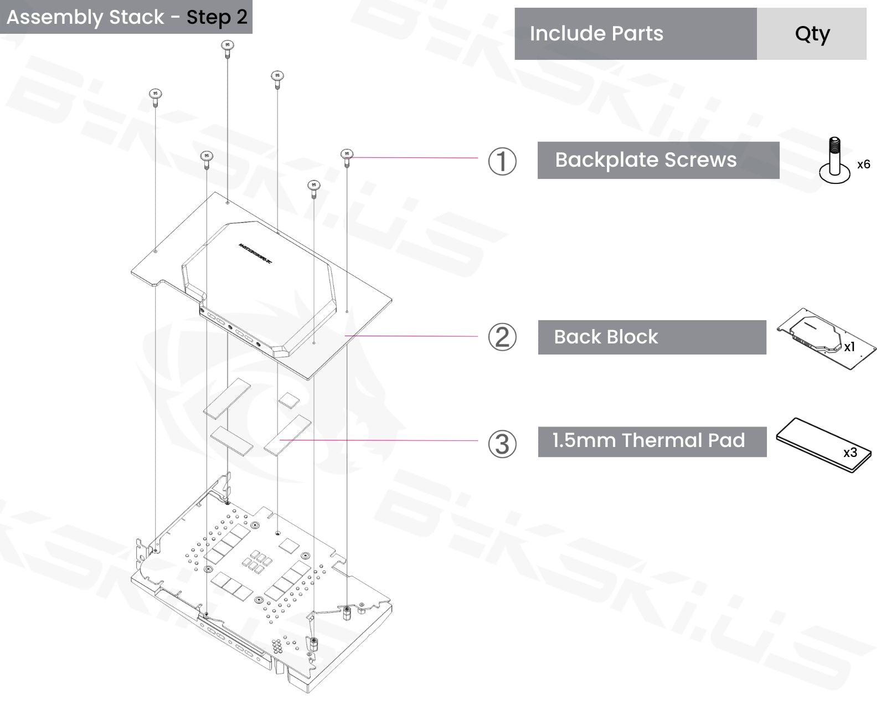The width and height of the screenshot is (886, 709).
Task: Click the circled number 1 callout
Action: coord(502,161)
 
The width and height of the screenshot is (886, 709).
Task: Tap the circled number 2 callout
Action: coord(502,337)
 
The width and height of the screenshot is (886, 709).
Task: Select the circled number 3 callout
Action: coord(502,444)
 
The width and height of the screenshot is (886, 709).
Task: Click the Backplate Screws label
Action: coord(646,160)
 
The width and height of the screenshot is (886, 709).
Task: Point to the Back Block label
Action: coord(606,337)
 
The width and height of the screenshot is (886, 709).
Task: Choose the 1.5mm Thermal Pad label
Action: coord(648,441)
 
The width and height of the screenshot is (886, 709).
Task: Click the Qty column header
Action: coord(812,34)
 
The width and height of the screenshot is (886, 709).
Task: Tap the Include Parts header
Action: coord(596,34)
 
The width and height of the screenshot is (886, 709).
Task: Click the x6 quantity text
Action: coord(863,165)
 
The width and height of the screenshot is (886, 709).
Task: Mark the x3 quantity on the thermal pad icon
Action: coord(850,453)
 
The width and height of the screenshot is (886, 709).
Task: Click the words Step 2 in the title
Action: coord(217,17)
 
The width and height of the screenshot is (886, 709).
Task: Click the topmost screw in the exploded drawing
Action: coord(227,47)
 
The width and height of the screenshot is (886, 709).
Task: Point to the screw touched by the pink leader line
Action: coord(347,156)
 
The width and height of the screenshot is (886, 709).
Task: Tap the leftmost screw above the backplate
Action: coord(156,95)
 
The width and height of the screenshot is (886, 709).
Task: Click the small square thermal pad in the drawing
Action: coord(289,399)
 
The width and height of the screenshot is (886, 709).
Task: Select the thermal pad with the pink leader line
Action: coord(287,435)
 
